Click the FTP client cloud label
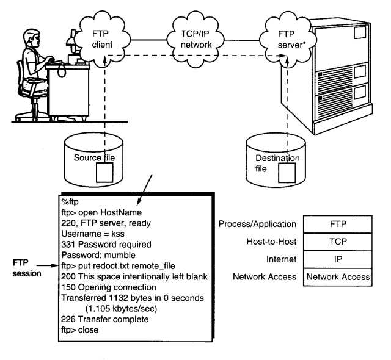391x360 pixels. point(102,39)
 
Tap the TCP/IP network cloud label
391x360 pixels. point(195,39)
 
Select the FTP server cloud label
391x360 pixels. point(291,39)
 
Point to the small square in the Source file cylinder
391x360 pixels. point(104,173)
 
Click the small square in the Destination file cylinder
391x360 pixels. point(287,173)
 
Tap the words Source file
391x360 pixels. point(94,157)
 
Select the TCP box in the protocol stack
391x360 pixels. point(338,242)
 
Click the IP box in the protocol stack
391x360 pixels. point(338,259)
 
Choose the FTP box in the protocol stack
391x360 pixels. point(338,224)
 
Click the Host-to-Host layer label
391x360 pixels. point(271,242)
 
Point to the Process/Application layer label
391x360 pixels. point(257,224)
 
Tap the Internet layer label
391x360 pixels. point(281,259)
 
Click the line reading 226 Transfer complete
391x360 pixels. point(104,319)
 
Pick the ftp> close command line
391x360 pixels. point(80,330)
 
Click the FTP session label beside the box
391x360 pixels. point(27,268)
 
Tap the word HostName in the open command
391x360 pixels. point(121,212)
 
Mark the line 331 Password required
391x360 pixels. point(106,245)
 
